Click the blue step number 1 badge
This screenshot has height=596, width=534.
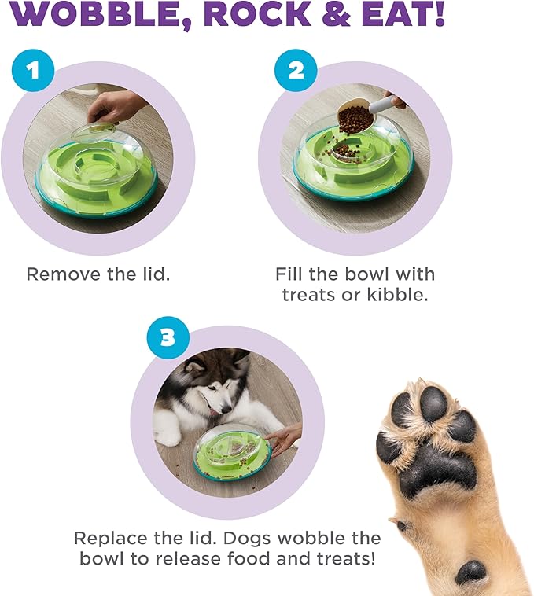pos(32,72)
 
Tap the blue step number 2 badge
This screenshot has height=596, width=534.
pos(295,72)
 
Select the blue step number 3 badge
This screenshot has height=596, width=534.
pos(167,339)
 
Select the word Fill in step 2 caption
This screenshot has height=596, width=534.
pos(290,274)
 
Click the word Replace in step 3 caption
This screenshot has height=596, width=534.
pos(111,539)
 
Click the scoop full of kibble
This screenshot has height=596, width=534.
pos(355,118)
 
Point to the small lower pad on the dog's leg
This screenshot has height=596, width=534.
pos(473,571)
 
